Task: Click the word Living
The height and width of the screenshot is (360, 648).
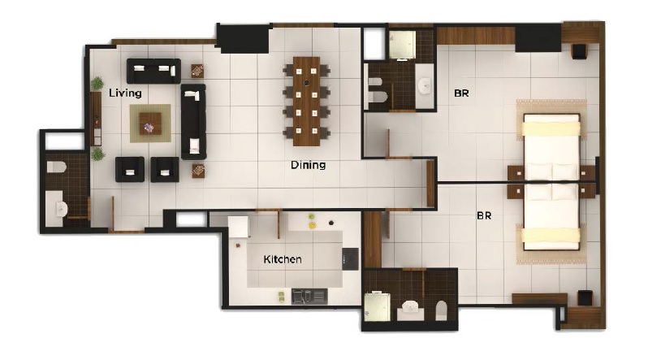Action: (126, 93)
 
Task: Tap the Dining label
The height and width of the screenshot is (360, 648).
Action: (308, 165)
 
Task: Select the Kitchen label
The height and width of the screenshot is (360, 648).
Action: (283, 260)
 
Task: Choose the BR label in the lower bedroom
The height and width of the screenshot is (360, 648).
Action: (485, 217)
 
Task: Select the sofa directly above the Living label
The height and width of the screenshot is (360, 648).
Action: (153, 70)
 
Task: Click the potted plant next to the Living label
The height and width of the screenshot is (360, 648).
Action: (97, 83)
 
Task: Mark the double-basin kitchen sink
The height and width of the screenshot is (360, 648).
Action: (309, 296)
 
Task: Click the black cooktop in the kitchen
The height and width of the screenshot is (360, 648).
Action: (350, 257)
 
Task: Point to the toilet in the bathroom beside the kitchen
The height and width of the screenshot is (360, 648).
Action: (442, 309)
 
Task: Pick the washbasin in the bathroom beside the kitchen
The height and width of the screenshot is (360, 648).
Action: (410, 310)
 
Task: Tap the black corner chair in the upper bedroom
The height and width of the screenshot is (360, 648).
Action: (579, 51)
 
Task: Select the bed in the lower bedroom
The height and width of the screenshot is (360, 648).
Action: (552, 218)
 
